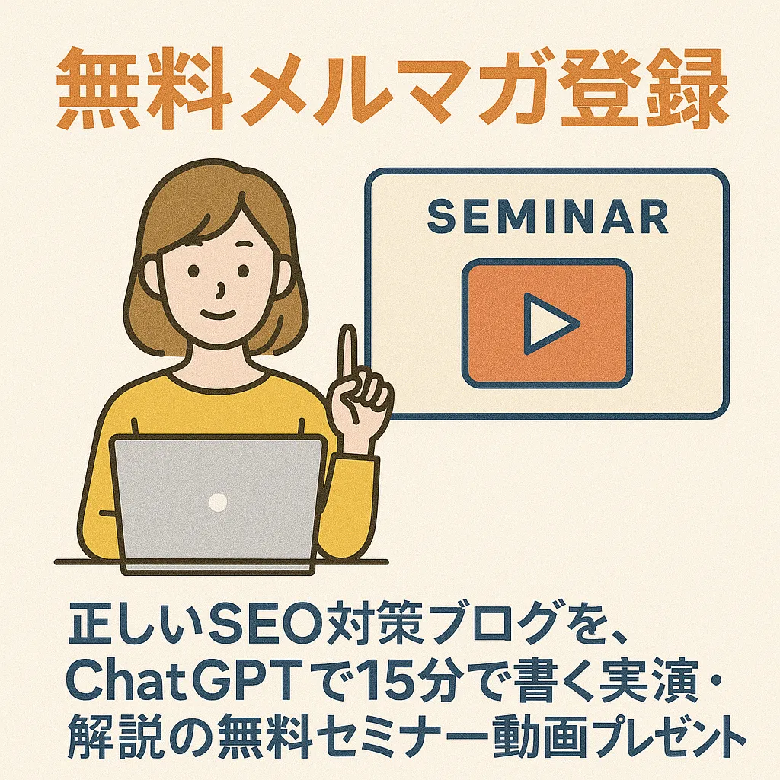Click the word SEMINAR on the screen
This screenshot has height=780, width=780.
click(x=548, y=216)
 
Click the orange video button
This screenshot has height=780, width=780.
click(x=547, y=323)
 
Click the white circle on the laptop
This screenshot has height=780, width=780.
click(x=217, y=502)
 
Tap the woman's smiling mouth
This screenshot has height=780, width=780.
click(x=218, y=315)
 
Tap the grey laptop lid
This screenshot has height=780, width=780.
click(x=217, y=500)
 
